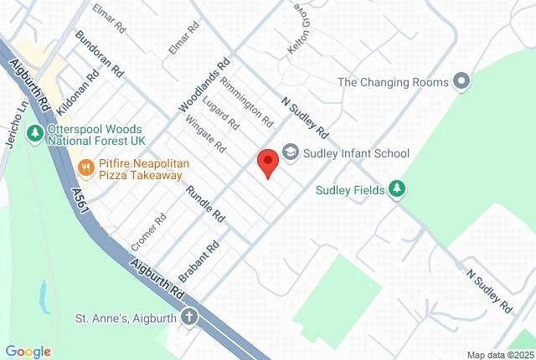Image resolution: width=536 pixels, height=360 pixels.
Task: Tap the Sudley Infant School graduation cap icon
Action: [x=291, y=152]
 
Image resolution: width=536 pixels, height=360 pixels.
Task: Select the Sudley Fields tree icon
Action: [x=397, y=189]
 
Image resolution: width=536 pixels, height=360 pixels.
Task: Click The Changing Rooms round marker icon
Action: [x=460, y=82]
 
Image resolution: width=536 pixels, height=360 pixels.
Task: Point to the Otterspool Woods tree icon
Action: [x=33, y=132]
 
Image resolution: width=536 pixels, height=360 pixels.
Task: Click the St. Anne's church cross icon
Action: [x=190, y=317]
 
